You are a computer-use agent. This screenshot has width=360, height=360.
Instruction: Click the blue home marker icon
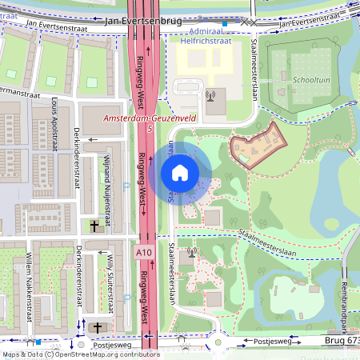tap(180, 173)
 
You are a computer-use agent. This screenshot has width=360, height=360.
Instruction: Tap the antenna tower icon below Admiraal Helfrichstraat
tap(210, 97)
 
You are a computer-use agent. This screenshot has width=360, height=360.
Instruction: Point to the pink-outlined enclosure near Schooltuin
tap(258, 144)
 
